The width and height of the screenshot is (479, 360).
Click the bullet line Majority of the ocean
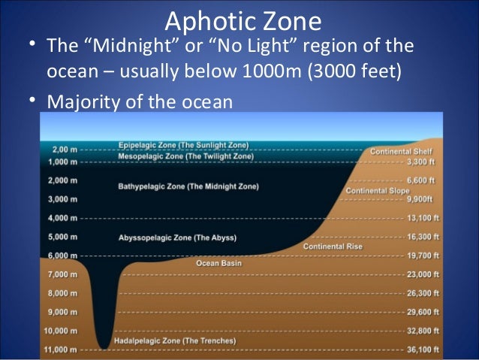click(x=140, y=101)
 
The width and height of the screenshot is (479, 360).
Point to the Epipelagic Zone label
click(x=184, y=145)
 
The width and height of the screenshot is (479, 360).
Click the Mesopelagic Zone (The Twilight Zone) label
click(x=185, y=156)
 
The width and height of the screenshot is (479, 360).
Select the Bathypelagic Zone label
click(x=188, y=186)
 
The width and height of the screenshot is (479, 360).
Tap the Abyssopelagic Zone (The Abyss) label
click(x=177, y=237)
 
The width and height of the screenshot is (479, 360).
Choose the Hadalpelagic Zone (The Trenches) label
click(x=174, y=341)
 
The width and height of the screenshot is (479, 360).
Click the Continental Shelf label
click(x=401, y=152)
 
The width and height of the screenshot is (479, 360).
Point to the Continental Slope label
click(x=377, y=191)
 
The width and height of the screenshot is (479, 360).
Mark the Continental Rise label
click(x=333, y=247)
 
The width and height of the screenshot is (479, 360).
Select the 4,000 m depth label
click(x=62, y=218)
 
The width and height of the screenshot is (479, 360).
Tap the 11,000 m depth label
click(x=61, y=349)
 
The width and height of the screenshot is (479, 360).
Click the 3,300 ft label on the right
click(x=421, y=162)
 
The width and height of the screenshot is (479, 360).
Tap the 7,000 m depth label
click(x=62, y=274)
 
